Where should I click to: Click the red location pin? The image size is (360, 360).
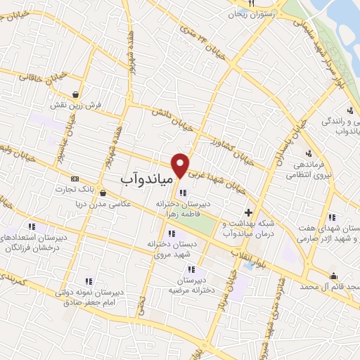[x=181, y=165]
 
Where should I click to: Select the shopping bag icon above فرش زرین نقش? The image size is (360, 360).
[x=75, y=94]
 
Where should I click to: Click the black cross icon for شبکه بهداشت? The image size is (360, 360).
[x=247, y=212]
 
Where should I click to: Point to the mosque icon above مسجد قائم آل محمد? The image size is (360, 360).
[x=333, y=276]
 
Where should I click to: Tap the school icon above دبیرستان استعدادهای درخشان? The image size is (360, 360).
[x=32, y=226]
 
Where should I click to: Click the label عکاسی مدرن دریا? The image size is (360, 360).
[x=103, y=204]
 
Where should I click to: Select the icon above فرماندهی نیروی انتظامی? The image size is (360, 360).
[x=308, y=154]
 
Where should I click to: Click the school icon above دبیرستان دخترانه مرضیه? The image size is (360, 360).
[x=191, y=269]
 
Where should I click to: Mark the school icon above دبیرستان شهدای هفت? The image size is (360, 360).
[x=331, y=217]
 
